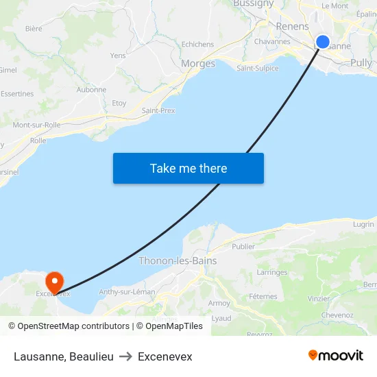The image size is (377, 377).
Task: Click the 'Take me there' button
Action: pos(188,168)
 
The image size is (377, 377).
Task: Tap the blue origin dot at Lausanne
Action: pos(323,42)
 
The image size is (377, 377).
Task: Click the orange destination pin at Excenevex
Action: pos(53,281)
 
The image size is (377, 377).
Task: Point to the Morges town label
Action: pos(198,64)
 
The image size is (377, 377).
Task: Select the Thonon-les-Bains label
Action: pos(178,260)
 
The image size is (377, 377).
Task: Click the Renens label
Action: pos(292,26)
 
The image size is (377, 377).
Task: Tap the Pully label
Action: pos(361,63)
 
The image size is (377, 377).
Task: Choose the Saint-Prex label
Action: pos(158,110)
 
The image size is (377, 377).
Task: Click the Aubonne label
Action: pos(91,89)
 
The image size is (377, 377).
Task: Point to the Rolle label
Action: pos(38,140)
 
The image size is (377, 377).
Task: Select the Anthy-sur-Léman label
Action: pos(127,292)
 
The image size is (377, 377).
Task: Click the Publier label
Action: pos(243,246)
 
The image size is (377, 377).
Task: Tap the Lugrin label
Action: pos(363,224)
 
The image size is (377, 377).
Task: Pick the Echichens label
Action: pos(197,45)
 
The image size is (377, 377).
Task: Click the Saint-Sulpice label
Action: pos(257,68)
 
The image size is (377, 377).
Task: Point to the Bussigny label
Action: pos(253,4)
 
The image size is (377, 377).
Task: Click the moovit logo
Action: pos(336,356)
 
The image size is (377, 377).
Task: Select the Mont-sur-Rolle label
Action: pos(36,125)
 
